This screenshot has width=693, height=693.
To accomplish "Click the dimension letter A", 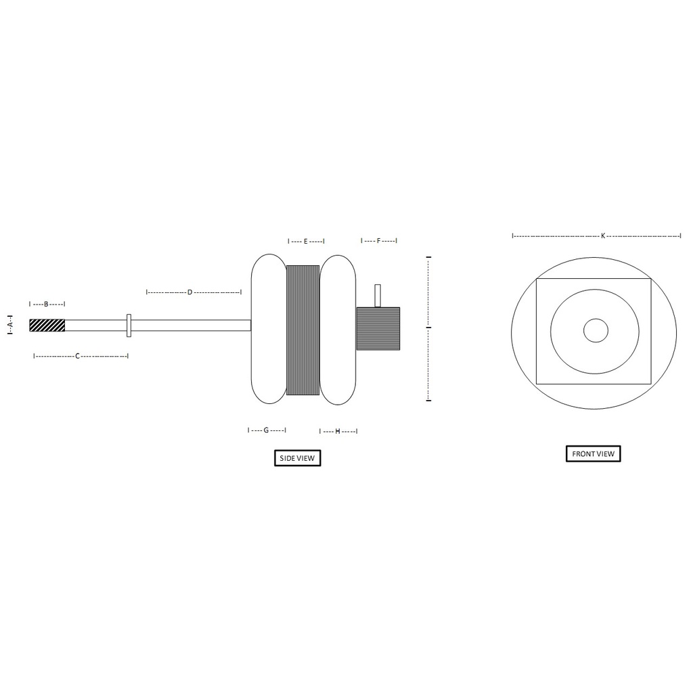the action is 11,324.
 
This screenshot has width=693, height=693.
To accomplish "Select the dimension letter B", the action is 46,304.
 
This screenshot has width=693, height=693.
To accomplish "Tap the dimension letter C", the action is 77,356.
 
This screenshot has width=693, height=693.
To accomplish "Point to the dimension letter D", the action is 190,292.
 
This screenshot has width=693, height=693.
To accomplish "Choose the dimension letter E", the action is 305,242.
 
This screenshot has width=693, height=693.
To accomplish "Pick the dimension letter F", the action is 378,241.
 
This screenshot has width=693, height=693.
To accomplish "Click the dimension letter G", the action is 266,430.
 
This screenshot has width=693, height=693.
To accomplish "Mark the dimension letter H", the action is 338,431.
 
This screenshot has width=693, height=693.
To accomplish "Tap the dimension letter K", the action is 603,236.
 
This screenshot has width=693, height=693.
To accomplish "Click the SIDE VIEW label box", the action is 298,458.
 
